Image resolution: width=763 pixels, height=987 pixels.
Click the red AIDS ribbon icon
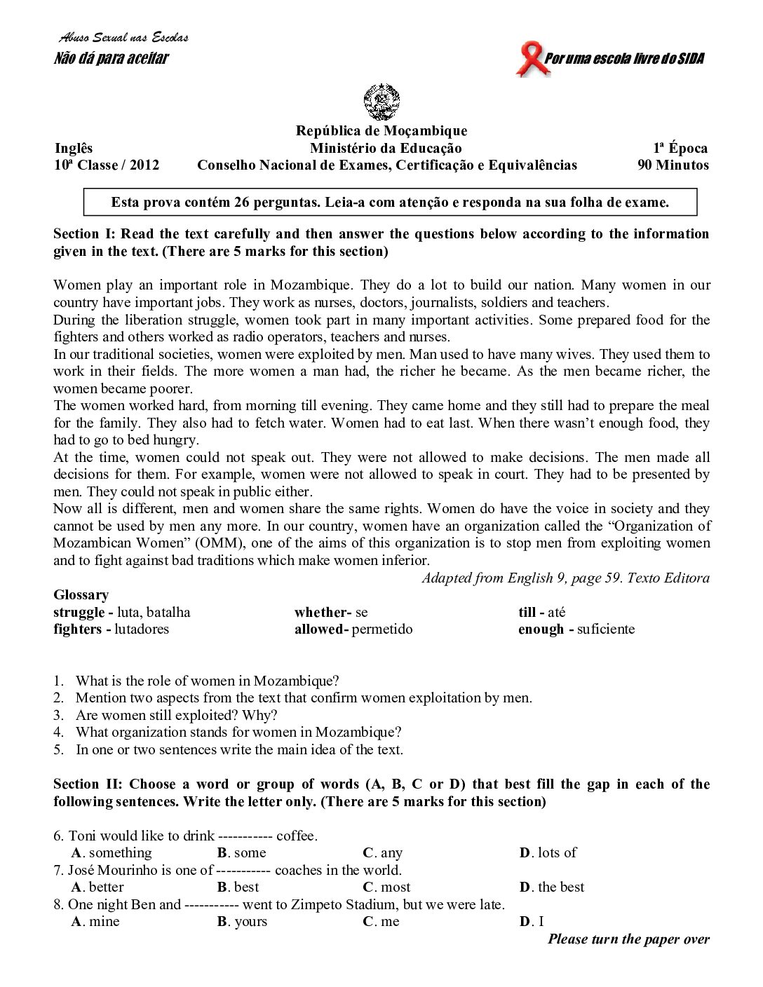click(x=529, y=60)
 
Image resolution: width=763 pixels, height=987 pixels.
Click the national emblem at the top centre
click(x=381, y=102)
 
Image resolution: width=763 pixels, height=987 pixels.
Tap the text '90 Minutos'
click(x=673, y=165)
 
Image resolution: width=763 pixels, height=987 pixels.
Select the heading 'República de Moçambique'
click(x=381, y=131)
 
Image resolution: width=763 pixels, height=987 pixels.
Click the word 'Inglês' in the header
click(x=74, y=148)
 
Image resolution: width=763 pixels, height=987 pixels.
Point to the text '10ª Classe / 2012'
click(x=107, y=165)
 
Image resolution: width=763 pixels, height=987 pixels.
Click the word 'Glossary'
click(x=81, y=595)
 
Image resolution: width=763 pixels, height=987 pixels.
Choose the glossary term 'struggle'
click(x=79, y=612)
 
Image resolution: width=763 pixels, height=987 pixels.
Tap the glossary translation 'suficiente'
click(x=606, y=629)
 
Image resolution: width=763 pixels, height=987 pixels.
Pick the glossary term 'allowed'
click(x=319, y=629)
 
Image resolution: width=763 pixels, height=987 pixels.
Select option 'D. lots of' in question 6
click(x=548, y=853)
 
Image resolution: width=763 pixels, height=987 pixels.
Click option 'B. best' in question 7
click(x=238, y=887)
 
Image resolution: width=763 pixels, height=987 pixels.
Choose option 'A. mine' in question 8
click(x=96, y=922)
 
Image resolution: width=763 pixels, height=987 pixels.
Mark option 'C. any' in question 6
click(x=383, y=853)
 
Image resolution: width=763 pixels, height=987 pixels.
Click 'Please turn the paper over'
click(x=628, y=939)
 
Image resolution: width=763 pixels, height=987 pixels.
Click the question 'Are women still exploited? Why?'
click(x=176, y=715)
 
